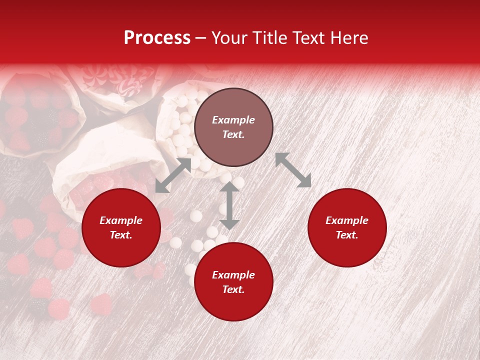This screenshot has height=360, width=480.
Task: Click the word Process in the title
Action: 157,37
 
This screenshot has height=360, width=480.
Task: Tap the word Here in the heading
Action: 348,37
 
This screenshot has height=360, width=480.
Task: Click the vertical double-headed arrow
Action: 229,205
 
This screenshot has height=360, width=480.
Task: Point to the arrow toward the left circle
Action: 173,175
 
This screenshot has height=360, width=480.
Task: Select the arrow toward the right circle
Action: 293,170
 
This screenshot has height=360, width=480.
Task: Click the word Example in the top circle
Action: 233,120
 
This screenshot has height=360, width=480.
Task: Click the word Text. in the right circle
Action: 347,235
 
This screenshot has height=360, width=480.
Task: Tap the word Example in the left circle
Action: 121,220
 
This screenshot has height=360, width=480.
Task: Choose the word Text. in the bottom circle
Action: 233,289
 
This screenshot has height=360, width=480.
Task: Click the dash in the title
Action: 201,38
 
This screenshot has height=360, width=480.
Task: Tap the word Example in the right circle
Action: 347,220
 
